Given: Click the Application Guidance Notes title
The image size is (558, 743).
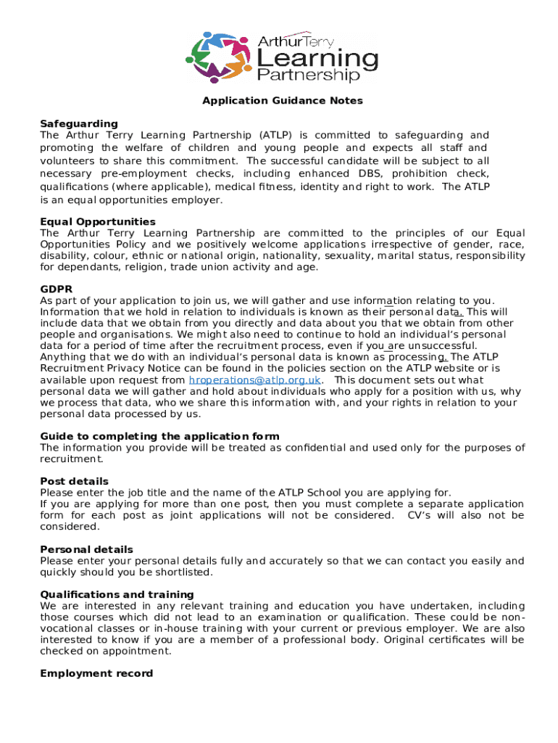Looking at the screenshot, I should [282, 101].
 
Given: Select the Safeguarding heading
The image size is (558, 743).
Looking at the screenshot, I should [79, 123].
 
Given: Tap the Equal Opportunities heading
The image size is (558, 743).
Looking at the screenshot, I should [98, 221].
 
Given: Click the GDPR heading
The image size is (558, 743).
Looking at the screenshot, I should [56, 289].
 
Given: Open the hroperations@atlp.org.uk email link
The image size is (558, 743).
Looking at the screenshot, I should [254, 380].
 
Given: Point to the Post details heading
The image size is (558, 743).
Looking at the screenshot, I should [75, 481].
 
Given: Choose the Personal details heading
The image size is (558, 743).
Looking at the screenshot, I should [86, 549].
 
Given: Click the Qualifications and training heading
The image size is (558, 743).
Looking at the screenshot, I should [117, 594].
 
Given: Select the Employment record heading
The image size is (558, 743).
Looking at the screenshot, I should [96, 673].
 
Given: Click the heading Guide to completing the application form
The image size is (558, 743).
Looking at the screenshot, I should [159, 436].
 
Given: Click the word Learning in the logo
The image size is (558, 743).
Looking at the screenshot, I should [318, 58].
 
